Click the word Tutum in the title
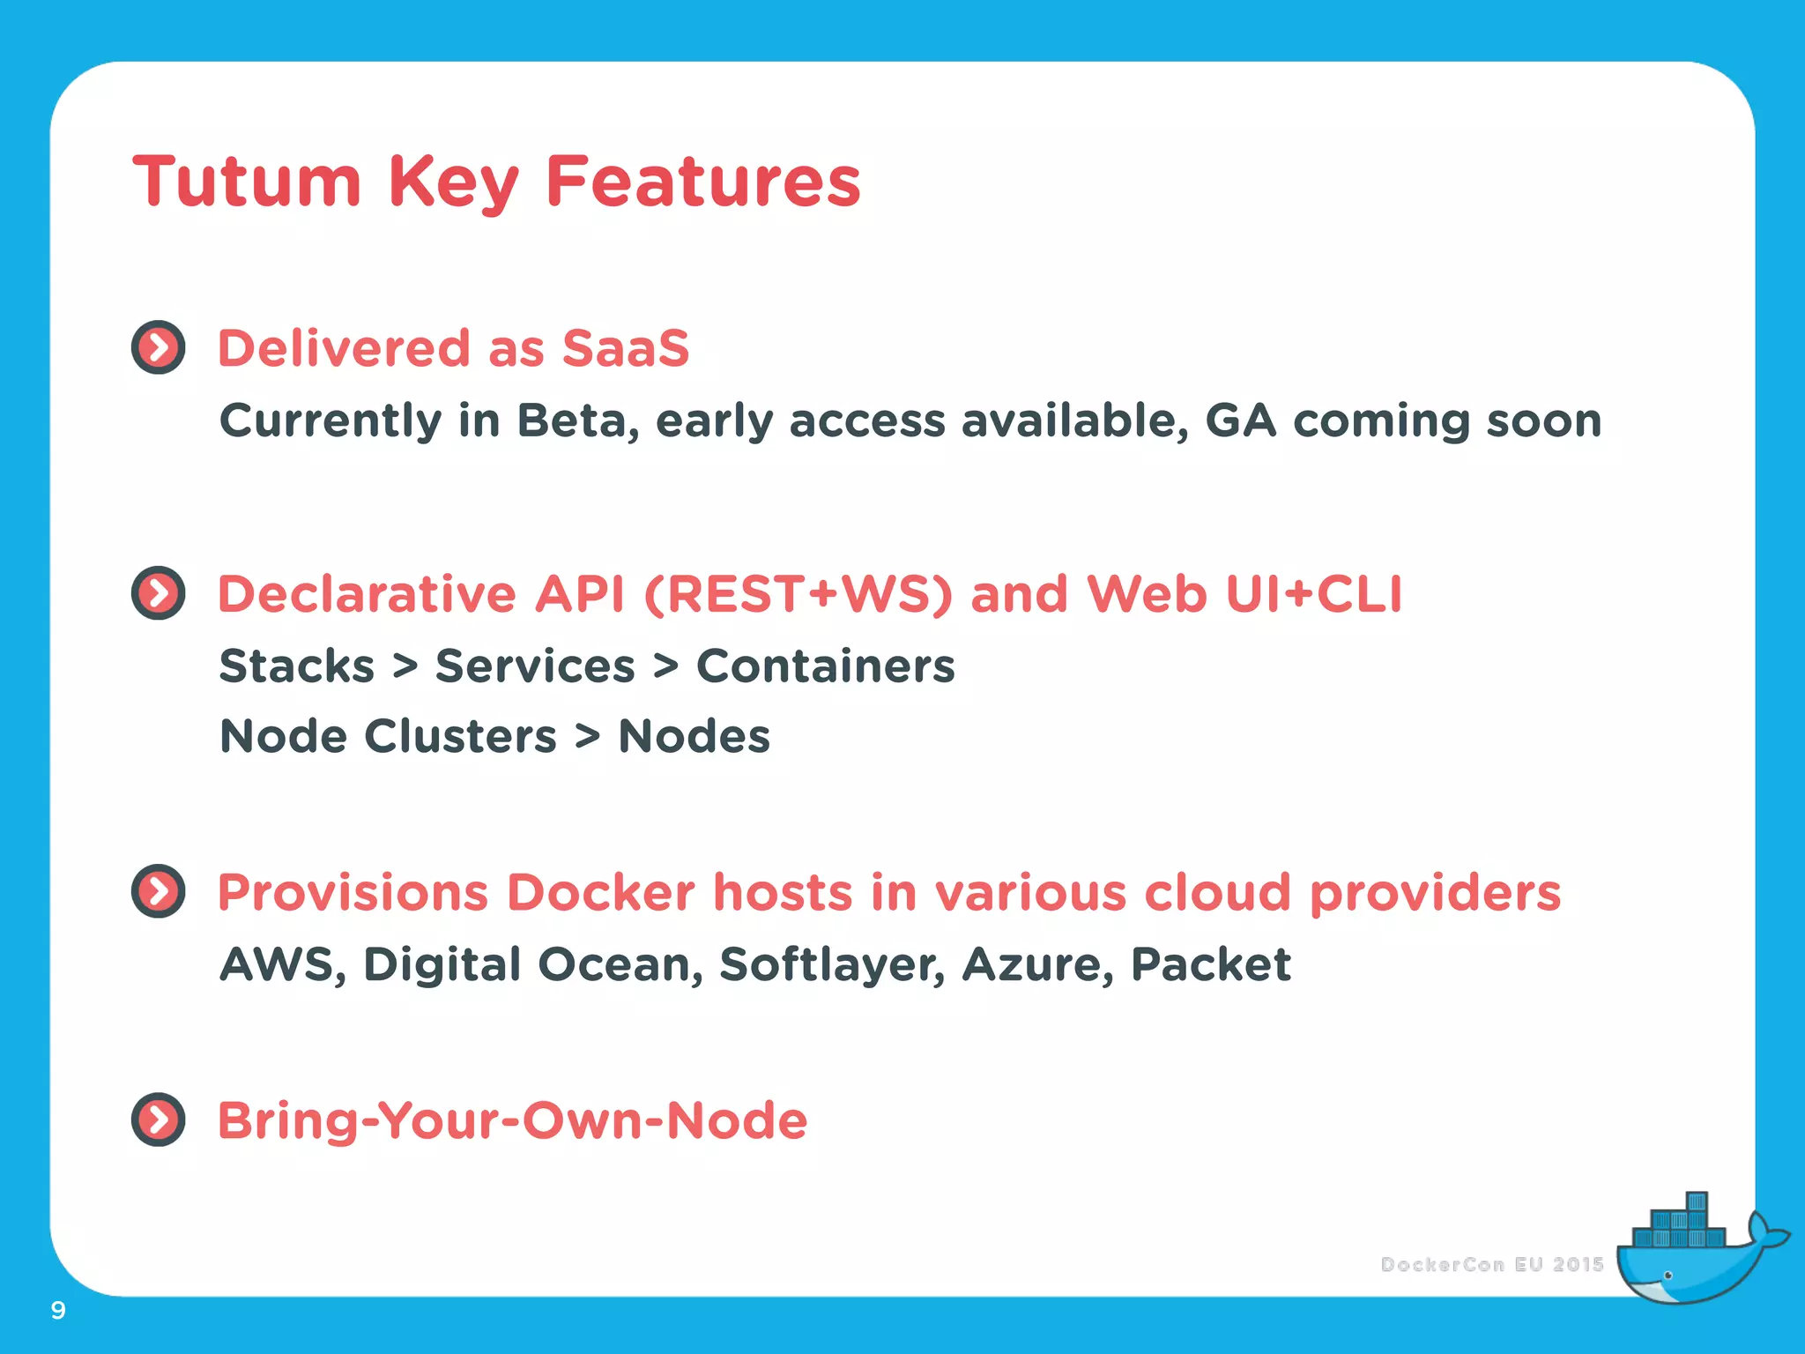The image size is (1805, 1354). [x=247, y=182]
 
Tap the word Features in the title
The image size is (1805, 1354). [x=702, y=182]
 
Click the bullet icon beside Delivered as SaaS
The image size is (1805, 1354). [x=159, y=347]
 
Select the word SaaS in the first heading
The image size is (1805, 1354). [x=625, y=347]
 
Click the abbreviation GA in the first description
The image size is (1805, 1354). [x=1240, y=420]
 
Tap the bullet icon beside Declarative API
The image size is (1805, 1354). [x=159, y=593]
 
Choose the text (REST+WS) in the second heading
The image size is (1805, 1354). [x=799, y=593]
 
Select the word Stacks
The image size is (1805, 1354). [x=297, y=666]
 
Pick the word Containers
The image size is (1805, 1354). [x=825, y=666]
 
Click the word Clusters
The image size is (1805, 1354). [x=460, y=736]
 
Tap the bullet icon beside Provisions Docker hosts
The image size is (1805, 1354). [x=159, y=891]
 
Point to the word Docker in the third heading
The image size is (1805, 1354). [x=600, y=892]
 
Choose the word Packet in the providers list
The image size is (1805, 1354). [x=1210, y=963]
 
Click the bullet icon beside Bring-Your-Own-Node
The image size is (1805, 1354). [x=159, y=1120]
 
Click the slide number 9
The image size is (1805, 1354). [x=58, y=1310]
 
